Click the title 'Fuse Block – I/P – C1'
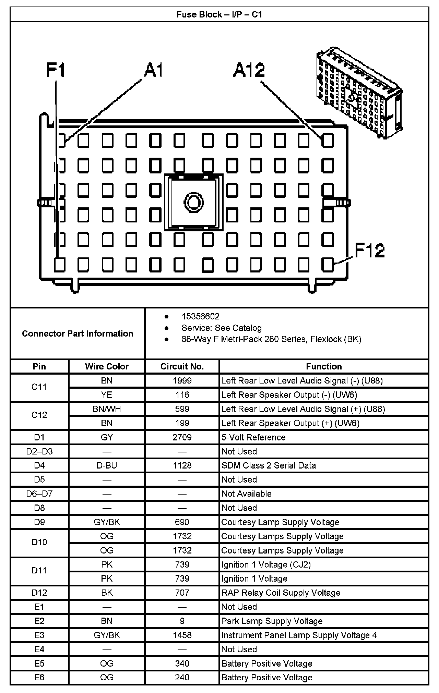[x=219, y=14]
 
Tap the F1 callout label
[x=56, y=71]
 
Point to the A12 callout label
[x=249, y=71]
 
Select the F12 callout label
[x=369, y=251]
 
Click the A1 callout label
[x=153, y=71]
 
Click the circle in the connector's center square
[x=193, y=202]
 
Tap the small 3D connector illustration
[x=358, y=93]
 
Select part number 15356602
[x=200, y=316]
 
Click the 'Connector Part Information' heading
[x=78, y=333]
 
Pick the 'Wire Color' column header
[x=107, y=366]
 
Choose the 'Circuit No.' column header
[x=182, y=366]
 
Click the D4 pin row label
[x=39, y=465]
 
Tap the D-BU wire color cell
[x=107, y=465]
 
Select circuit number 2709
[x=182, y=437]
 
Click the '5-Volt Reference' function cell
[x=253, y=437]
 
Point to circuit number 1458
[x=182, y=635]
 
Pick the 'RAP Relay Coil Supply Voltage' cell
[x=281, y=593]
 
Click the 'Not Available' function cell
[x=247, y=494]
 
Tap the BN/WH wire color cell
[x=107, y=409]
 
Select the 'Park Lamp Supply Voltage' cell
[x=272, y=621]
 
